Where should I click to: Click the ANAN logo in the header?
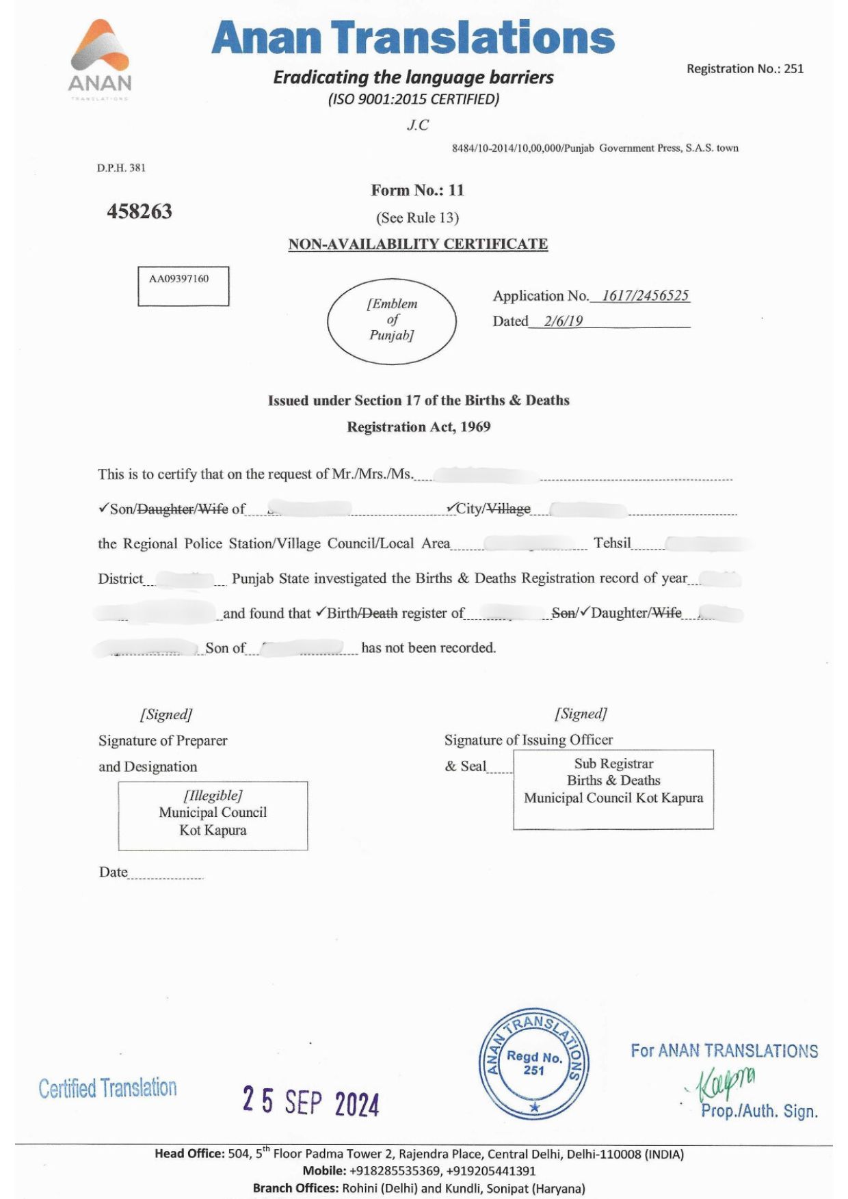pos(100,58)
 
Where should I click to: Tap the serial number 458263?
pos(140,211)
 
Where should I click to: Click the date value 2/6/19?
pos(564,321)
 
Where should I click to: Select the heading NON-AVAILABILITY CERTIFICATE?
pos(418,244)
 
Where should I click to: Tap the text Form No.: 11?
pos(417,190)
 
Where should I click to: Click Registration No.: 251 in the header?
pos(745,68)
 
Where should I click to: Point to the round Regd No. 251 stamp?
pos(534,1064)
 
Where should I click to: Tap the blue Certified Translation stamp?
pos(107,1088)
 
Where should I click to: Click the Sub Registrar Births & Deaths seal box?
pos(613,789)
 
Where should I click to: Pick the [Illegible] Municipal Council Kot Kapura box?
pos(213,816)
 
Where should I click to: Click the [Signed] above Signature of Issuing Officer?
pos(581,714)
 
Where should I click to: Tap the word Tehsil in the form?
pos(612,543)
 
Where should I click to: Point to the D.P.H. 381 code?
pos(121,167)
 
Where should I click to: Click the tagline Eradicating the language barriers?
pos(413,77)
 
